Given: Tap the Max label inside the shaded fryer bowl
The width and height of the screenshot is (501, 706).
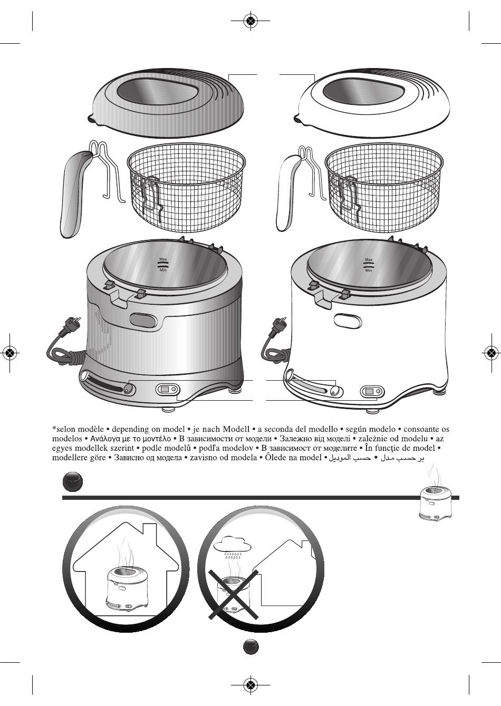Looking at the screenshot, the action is point(163,259).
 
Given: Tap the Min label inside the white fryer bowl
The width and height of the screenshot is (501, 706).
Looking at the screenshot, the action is point(369,270).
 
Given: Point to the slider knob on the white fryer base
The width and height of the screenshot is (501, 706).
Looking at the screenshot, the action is point(334,391).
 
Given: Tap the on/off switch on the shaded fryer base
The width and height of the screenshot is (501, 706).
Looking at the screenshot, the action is point(168,390).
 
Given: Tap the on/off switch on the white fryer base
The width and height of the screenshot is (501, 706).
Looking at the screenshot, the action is point(372,392).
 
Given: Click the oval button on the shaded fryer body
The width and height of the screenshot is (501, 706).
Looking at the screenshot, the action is point(143,320).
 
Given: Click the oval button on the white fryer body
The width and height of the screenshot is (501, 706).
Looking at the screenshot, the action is point(348,321).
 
